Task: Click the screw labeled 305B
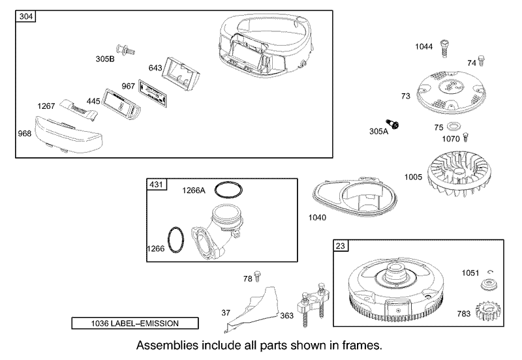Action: click(125, 50)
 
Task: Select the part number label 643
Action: click(155, 68)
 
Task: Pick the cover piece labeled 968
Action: click(69, 135)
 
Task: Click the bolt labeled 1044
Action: click(444, 50)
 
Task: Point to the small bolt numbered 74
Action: click(481, 61)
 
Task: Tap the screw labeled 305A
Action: click(393, 124)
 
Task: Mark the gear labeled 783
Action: click(488, 312)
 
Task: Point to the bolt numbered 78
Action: click(257, 277)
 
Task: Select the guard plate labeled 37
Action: click(253, 310)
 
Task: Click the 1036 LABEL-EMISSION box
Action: click(135, 323)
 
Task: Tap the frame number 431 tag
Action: click(157, 185)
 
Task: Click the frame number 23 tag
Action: click(341, 246)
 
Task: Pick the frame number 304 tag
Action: click(25, 16)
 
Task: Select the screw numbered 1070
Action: click(466, 137)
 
